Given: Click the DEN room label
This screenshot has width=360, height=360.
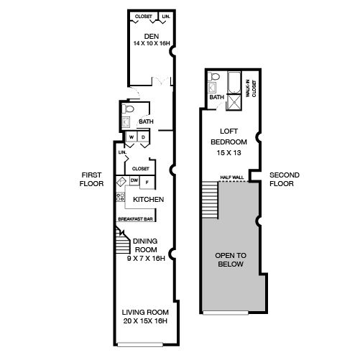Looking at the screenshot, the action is coord(152,37).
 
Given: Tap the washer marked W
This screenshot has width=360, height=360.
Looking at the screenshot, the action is coord(131,137).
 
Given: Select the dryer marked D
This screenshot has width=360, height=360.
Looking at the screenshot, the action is coord(143,137).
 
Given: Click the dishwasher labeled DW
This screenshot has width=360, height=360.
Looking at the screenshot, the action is coord(134,180).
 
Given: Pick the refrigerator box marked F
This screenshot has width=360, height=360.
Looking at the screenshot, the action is coord(147,183).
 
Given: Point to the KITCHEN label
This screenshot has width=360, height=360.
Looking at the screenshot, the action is coord(148,199).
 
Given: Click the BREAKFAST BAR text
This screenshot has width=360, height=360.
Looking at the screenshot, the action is coord(135,219).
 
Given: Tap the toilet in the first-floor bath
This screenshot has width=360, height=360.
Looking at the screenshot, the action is coord(128,109).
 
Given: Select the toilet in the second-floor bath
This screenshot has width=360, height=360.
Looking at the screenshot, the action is coord(213,77).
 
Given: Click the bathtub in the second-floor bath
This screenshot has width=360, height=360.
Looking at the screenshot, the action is coord(234,83).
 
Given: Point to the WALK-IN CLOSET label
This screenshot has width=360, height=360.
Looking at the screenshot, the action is coord(251,88).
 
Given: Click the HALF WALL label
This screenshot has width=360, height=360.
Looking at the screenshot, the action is coord(232,177).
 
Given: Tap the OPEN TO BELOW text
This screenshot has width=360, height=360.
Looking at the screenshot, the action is coord(231,260).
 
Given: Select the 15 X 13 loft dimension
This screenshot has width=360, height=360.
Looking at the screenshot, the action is coord(229,153).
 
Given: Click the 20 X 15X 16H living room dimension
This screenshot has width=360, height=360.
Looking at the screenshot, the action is coord(145,321).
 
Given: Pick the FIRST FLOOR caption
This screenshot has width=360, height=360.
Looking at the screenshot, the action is coord(91,180).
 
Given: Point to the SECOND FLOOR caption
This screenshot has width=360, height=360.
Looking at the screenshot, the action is coord(285,180).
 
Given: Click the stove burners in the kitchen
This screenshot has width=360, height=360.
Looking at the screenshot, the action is coord(121,197).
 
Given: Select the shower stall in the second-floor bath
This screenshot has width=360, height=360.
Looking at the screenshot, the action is coord(234,102).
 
